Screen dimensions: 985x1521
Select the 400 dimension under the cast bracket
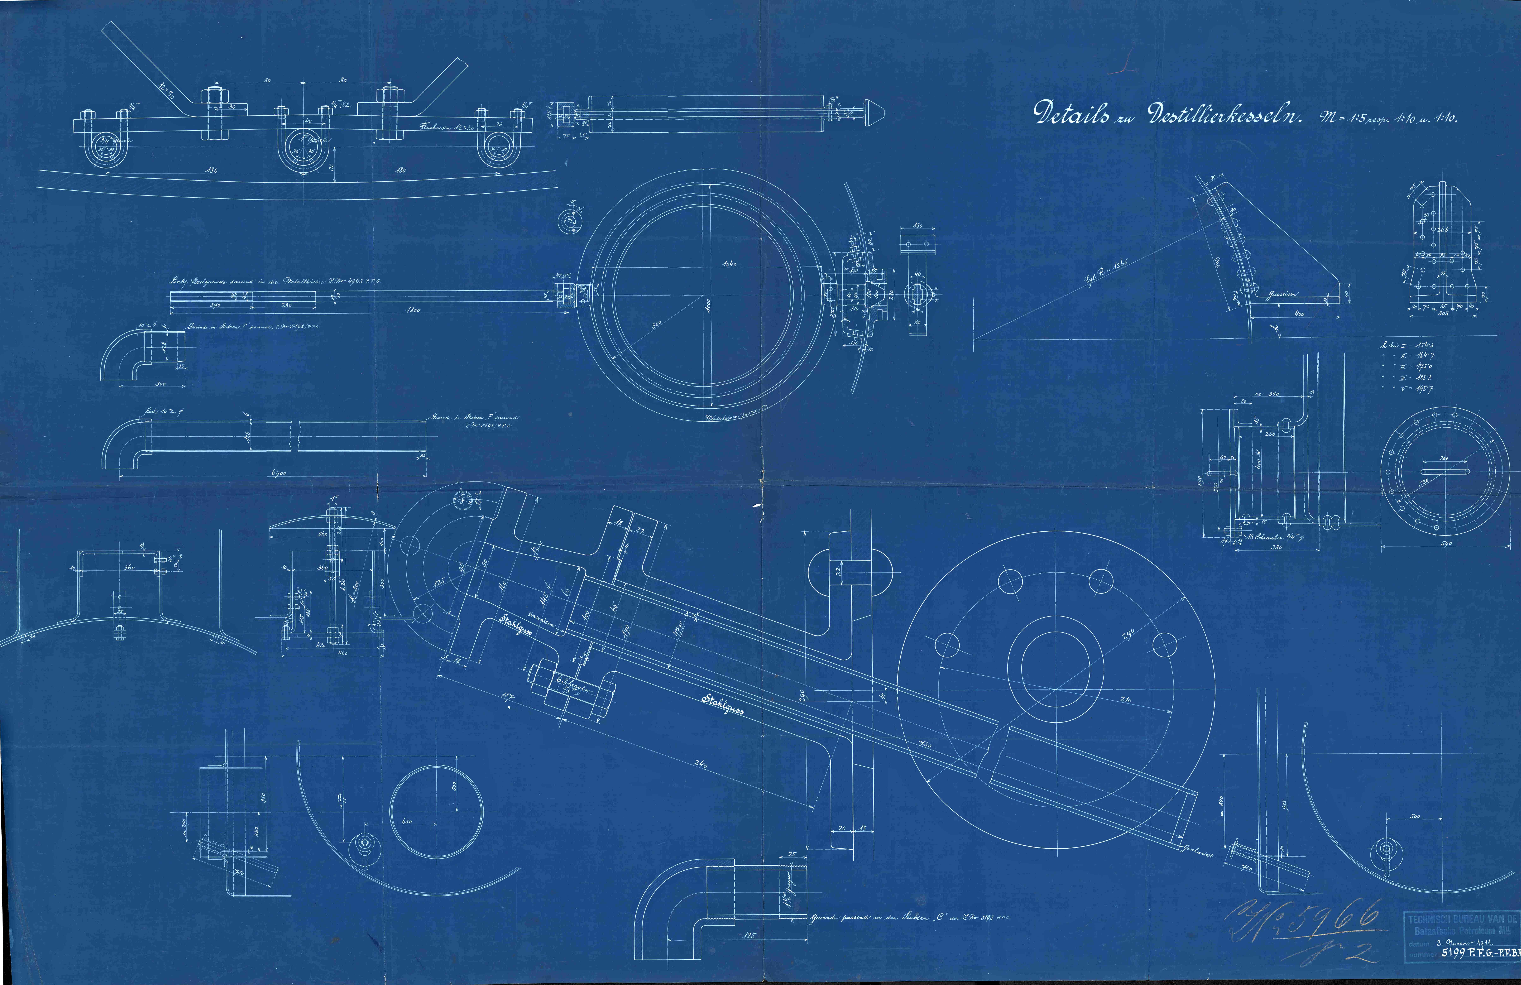click(1295, 314)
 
